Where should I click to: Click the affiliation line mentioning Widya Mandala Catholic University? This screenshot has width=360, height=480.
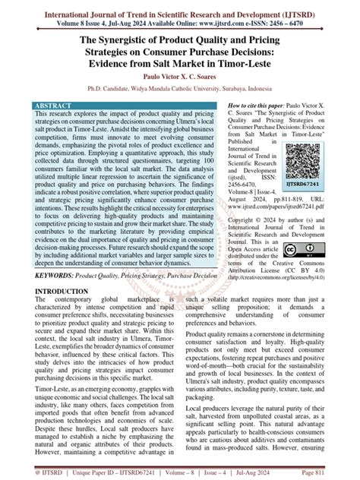click(x=180, y=87)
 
